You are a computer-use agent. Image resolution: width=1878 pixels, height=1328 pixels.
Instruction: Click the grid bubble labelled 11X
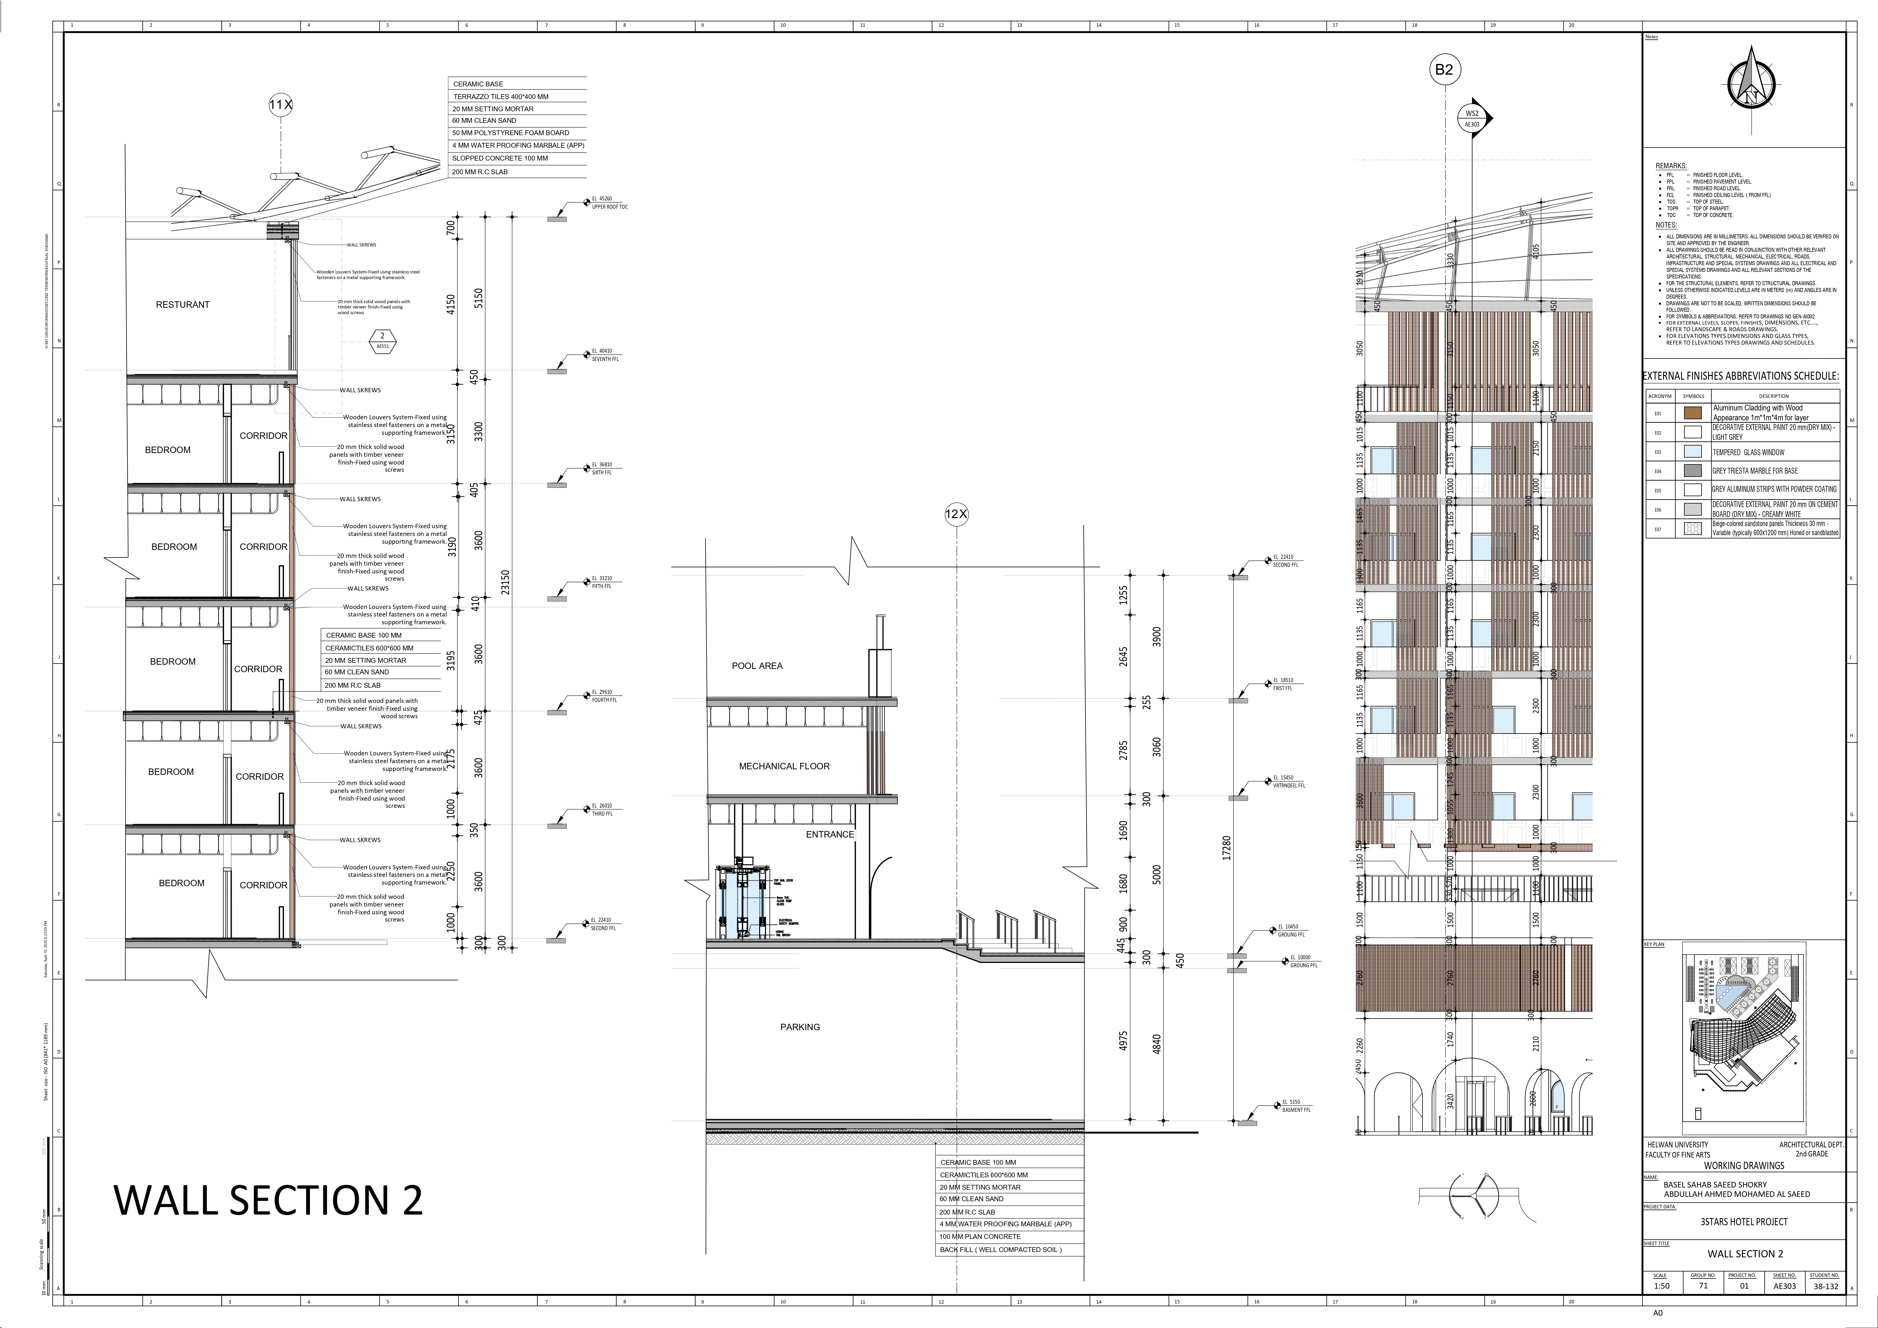point(280,105)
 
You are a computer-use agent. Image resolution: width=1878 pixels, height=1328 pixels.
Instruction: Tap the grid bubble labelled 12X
point(956,514)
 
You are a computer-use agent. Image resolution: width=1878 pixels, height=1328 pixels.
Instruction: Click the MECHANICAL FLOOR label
point(784,766)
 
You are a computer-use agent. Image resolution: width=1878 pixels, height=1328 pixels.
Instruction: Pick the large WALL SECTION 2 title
point(268,1200)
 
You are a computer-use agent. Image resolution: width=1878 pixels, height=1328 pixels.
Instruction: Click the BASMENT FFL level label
point(1296,1110)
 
